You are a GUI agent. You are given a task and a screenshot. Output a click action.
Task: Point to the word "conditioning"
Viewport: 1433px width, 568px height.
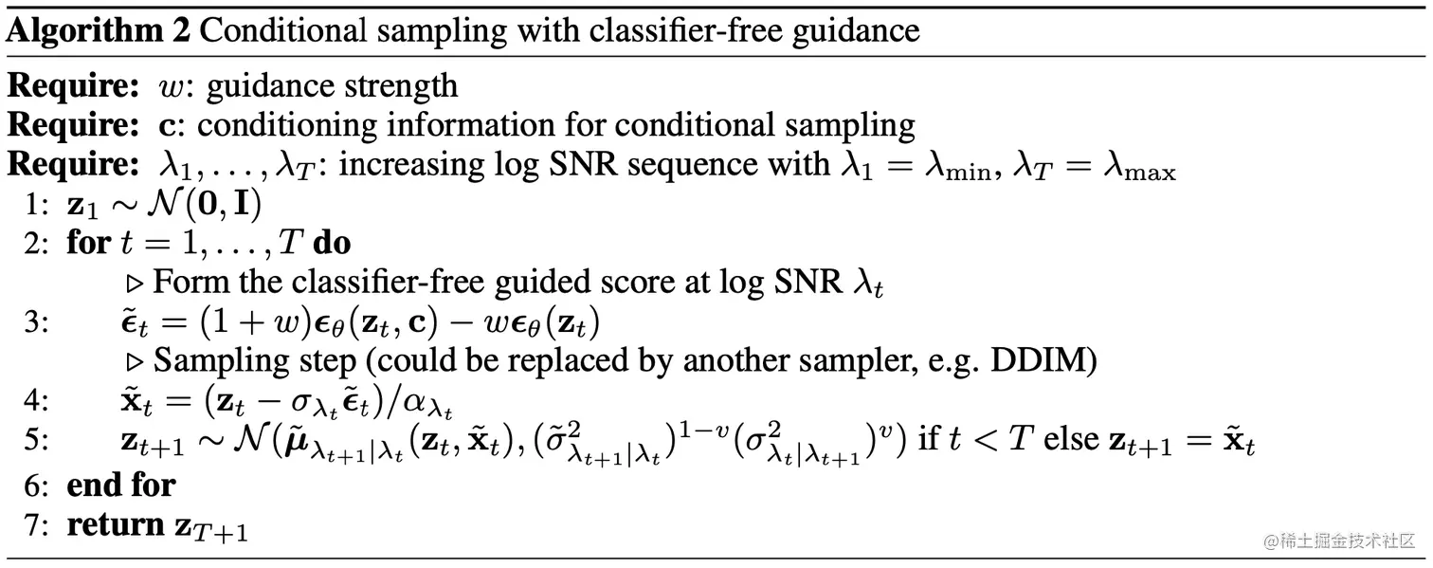click(284, 126)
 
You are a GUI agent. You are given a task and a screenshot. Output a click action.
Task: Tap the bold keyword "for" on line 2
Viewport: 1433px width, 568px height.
click(87, 243)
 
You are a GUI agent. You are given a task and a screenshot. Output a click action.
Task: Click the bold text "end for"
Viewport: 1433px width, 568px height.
click(120, 485)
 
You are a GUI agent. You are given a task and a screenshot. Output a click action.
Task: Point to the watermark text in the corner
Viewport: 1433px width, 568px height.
click(1339, 541)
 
